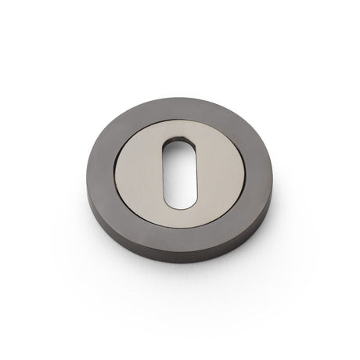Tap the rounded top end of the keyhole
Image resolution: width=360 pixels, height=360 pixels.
pos(179,145)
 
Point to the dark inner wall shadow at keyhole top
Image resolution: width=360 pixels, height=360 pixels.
pos(179,143)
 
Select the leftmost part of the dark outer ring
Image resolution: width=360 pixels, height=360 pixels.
pos(114,168)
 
